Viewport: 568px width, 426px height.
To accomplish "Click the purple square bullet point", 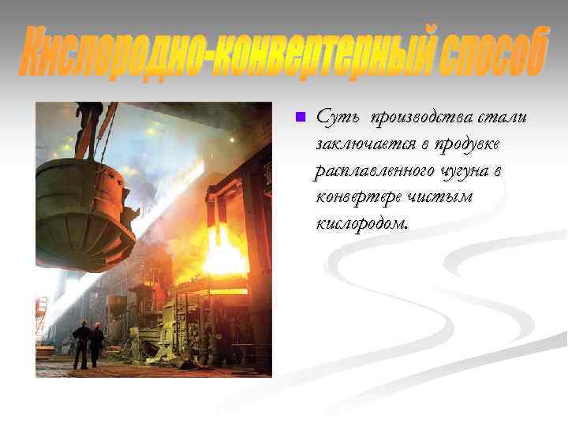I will pyautogui.click(x=298, y=118).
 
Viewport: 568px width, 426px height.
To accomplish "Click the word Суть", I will pyautogui.click(x=334, y=118).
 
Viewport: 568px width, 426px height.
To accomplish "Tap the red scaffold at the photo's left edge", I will pyautogui.click(x=40, y=316).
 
